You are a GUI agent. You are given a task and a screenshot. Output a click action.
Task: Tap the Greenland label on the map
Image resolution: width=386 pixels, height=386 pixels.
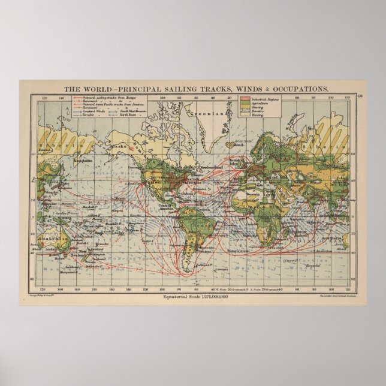coord(202,113)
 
